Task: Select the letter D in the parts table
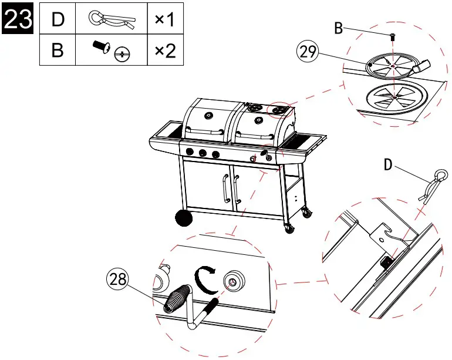click(58, 20)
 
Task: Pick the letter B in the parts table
click(58, 51)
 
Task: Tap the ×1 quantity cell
click(165, 20)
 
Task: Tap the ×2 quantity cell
click(165, 51)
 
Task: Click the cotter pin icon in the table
click(112, 20)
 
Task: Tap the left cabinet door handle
click(224, 187)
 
